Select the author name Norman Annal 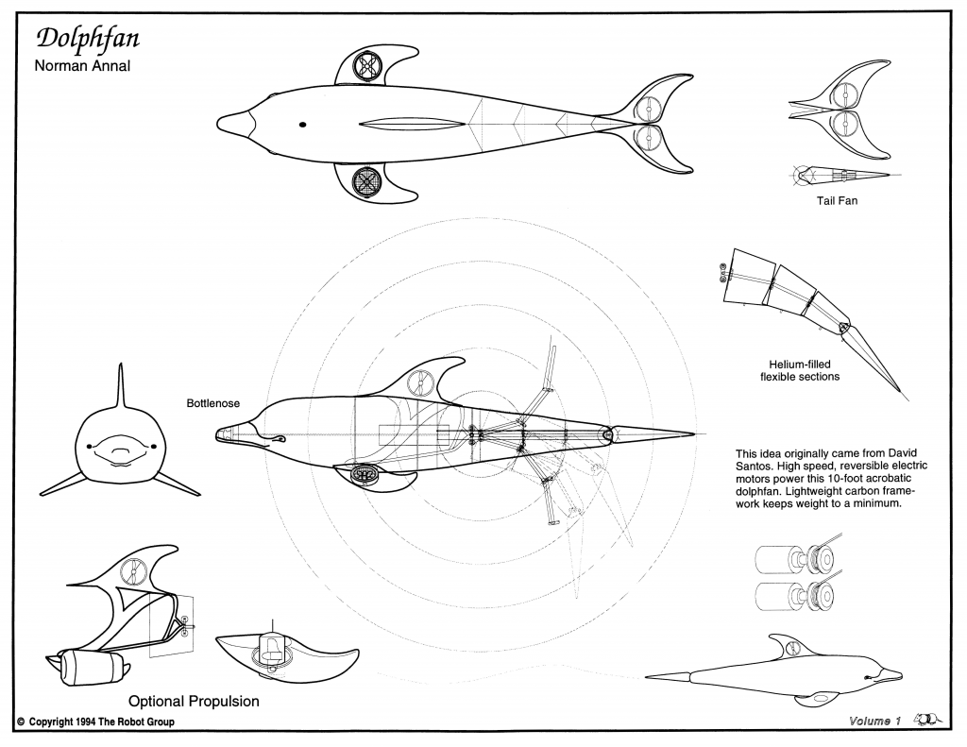(82, 67)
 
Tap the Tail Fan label (837, 200)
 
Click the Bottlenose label (213, 403)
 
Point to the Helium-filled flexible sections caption (800, 370)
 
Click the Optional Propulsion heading (194, 702)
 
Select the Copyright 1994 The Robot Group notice (95, 722)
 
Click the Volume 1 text (870, 722)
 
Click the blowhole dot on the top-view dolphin (303, 125)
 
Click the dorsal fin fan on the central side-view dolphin (419, 383)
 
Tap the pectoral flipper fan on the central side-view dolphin (366, 476)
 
